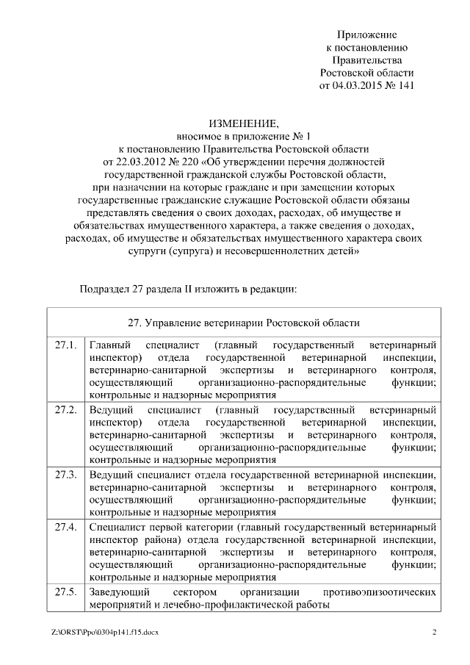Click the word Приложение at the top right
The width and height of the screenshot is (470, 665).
pyautogui.click(x=366, y=35)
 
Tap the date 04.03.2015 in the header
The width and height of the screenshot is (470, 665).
pyautogui.click(x=360, y=85)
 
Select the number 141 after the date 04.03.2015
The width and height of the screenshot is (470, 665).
pyautogui.click(x=406, y=85)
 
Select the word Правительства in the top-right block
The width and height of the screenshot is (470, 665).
pyautogui.click(x=366, y=60)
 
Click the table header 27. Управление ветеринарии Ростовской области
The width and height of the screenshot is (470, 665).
pyautogui.click(x=243, y=323)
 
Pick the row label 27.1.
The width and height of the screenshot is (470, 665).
pyautogui.click(x=65, y=345)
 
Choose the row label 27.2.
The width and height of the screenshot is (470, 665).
pyautogui.click(x=65, y=409)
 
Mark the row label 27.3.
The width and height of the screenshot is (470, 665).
pyautogui.click(x=65, y=473)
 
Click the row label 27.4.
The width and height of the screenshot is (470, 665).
pyautogui.click(x=65, y=527)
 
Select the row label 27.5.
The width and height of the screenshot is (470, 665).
pyautogui.click(x=65, y=592)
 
